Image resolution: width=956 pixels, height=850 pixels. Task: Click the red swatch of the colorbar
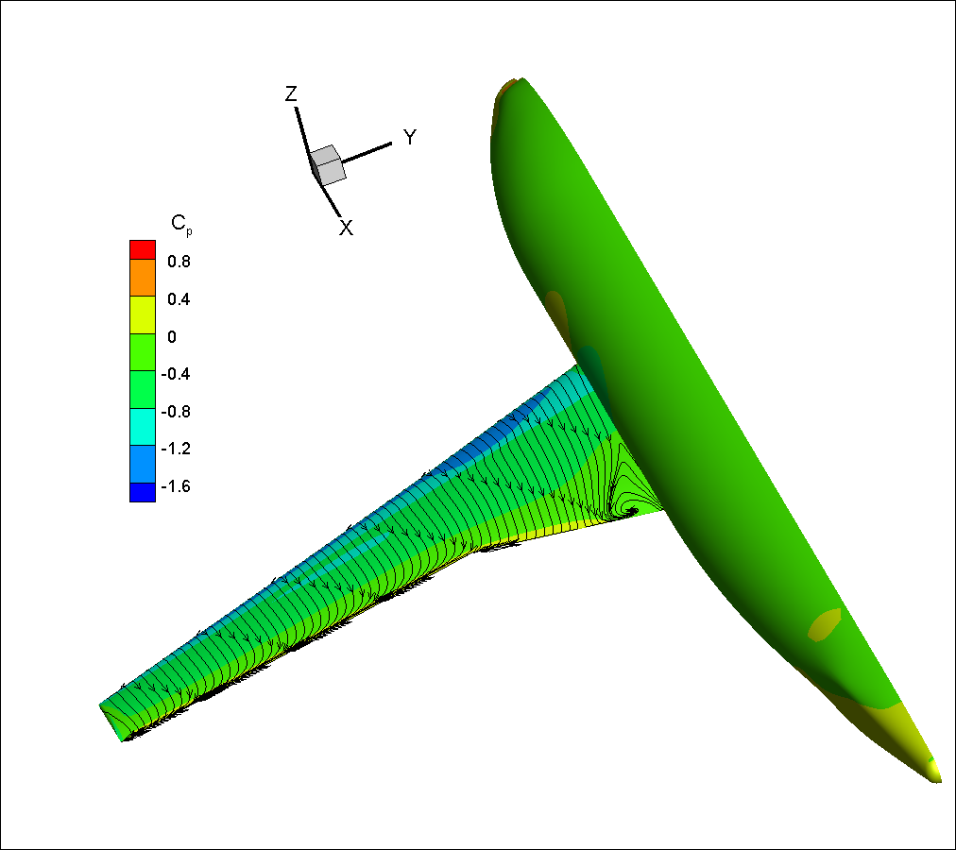pos(143,250)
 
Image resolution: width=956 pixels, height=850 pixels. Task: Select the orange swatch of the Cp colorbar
pos(143,278)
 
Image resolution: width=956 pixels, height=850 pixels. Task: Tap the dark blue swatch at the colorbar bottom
pos(143,493)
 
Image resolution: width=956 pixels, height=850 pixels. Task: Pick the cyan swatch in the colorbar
pos(143,427)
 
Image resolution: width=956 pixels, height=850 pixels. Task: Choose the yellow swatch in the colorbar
pos(143,315)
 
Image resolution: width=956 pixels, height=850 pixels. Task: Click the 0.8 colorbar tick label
pos(179,262)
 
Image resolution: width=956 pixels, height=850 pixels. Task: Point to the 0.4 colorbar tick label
pos(179,299)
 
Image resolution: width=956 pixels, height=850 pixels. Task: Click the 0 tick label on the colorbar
pos(172,337)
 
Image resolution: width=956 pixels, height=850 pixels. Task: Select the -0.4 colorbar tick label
pos(176,374)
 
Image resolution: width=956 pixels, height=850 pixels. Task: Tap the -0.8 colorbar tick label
pos(176,412)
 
